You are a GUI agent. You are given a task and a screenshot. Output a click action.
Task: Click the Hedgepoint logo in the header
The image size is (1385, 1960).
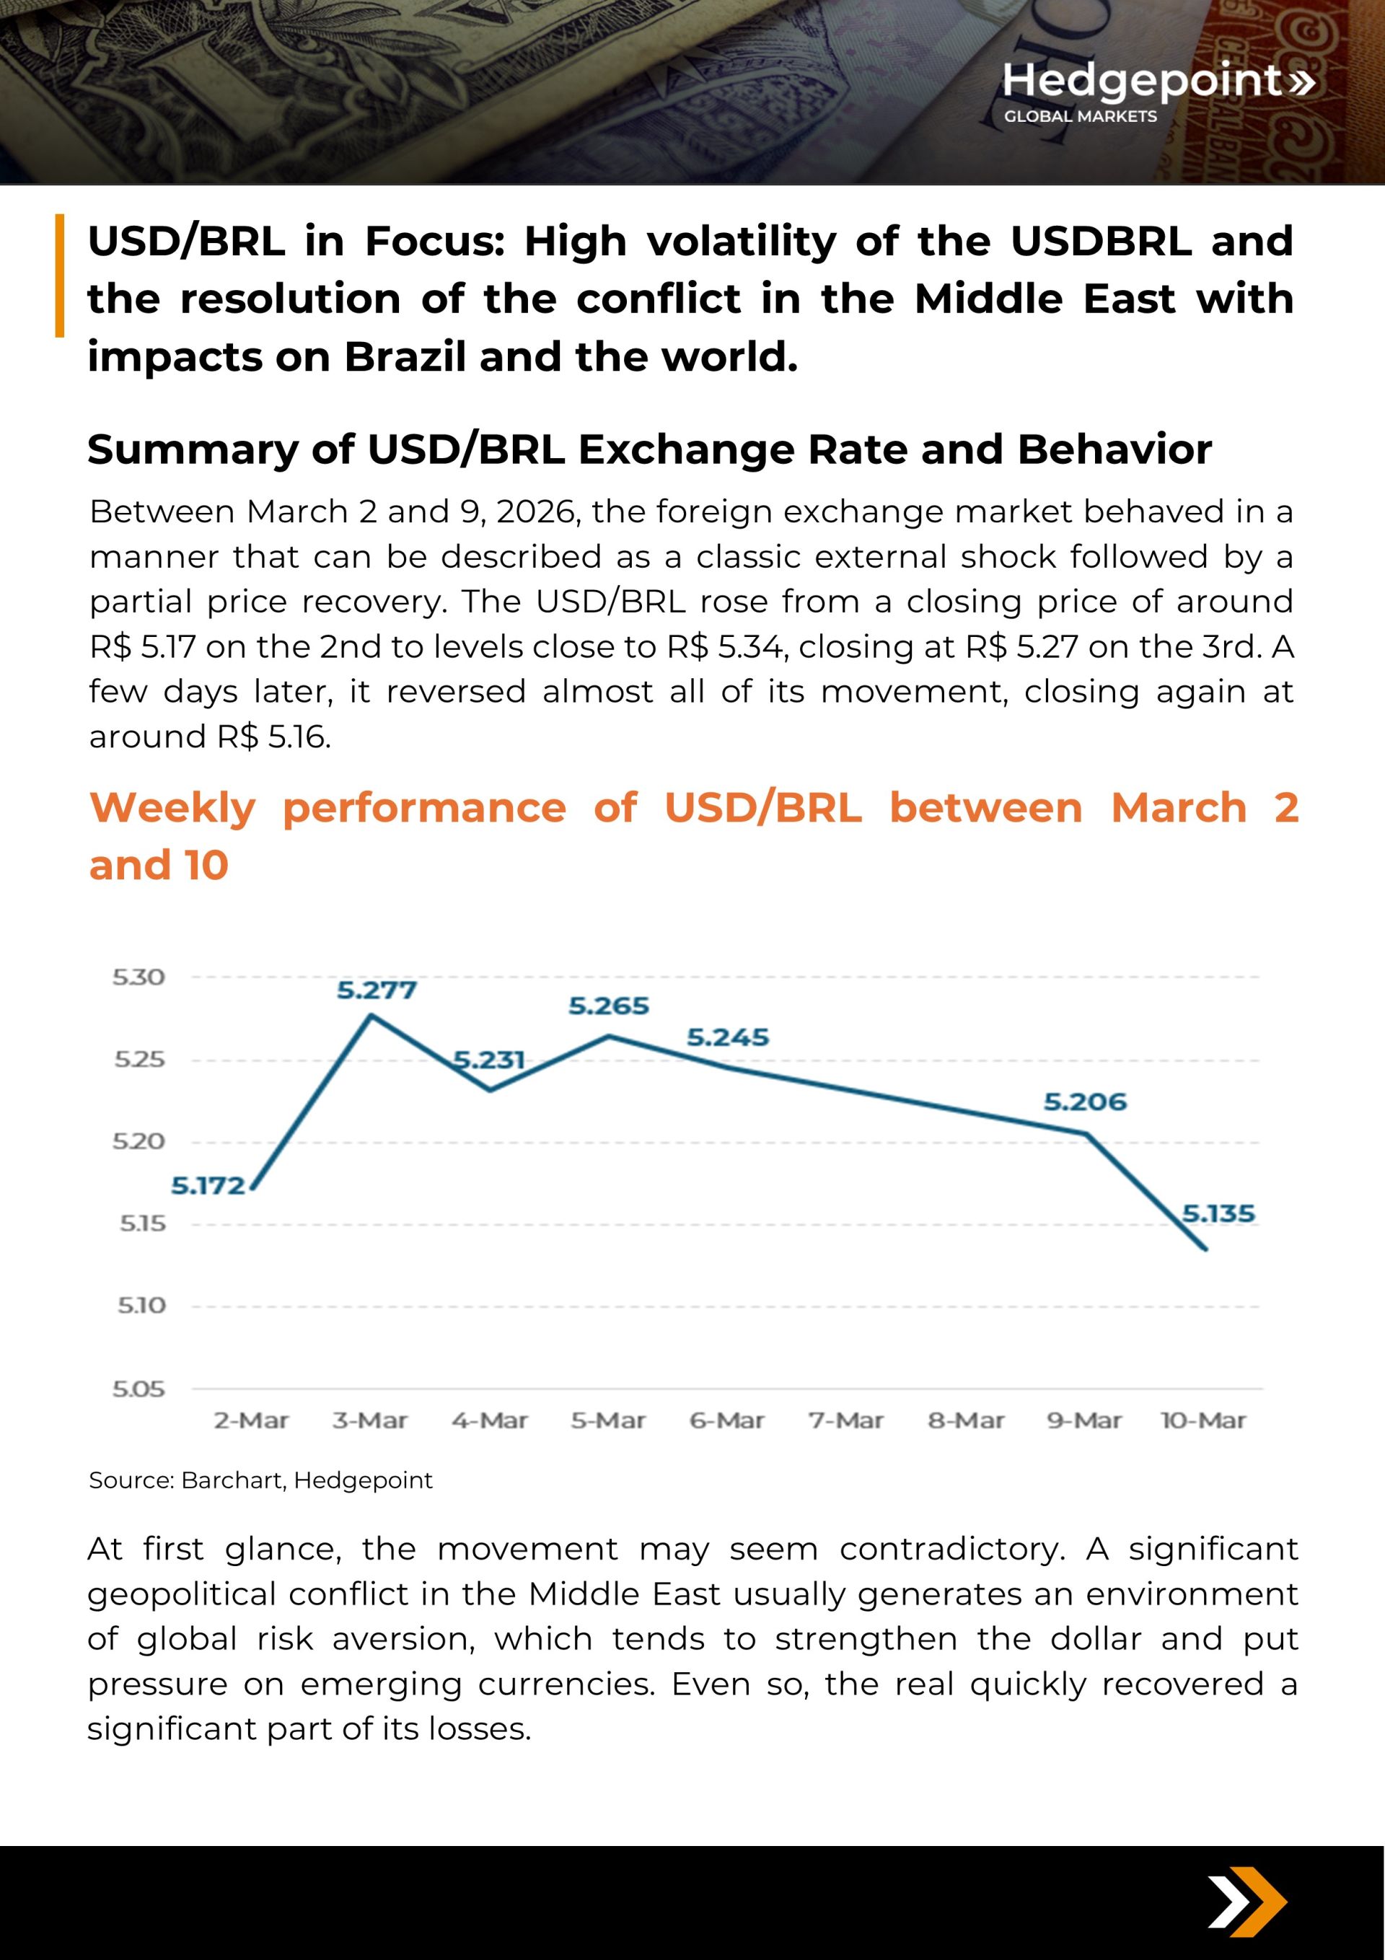click(1157, 89)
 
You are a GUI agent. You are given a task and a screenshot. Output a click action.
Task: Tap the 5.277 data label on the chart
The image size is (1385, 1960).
click(377, 990)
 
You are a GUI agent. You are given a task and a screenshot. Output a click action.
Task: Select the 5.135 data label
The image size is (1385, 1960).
click(1218, 1213)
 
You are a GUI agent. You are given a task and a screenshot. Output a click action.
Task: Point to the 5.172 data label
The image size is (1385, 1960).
click(208, 1186)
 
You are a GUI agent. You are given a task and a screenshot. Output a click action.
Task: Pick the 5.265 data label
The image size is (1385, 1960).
click(609, 1006)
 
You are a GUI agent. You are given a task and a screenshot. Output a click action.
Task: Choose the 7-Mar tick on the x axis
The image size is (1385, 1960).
click(846, 1420)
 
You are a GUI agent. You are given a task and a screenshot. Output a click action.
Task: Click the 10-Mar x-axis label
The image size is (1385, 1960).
click(1203, 1420)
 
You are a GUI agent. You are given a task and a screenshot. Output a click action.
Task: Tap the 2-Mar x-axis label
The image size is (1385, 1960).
click(251, 1420)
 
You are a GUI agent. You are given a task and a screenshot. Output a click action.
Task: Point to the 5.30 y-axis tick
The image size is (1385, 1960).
click(138, 977)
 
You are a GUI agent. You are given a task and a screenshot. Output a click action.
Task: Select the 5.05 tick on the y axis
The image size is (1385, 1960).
click(138, 1389)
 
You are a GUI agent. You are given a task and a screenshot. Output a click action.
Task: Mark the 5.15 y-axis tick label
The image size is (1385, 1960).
click(141, 1223)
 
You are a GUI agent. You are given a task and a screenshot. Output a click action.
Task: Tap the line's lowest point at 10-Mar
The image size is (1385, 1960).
click(1205, 1249)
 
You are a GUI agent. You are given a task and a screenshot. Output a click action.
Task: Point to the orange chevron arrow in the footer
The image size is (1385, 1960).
click(1259, 1902)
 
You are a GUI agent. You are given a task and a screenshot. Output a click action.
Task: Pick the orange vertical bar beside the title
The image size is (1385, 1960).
click(60, 275)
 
